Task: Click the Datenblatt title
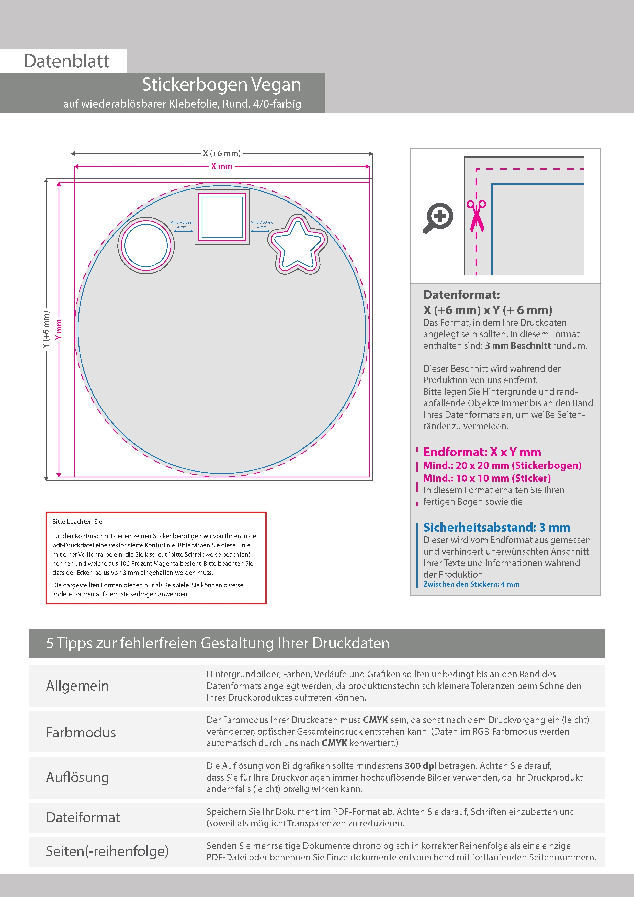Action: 66,61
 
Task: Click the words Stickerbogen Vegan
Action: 221,84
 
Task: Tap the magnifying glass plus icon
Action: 438,217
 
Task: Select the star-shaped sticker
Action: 298,244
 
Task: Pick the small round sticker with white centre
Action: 146,245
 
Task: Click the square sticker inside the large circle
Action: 222,217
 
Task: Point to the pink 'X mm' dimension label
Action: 221,166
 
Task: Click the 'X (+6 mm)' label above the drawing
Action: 221,153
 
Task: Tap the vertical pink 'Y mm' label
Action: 59,329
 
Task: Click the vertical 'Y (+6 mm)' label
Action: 46,329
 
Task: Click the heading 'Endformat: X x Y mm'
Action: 482,452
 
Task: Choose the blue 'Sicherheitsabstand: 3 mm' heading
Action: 496,528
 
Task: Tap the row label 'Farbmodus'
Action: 81,733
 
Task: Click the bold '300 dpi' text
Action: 420,766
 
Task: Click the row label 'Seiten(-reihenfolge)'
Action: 107,851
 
